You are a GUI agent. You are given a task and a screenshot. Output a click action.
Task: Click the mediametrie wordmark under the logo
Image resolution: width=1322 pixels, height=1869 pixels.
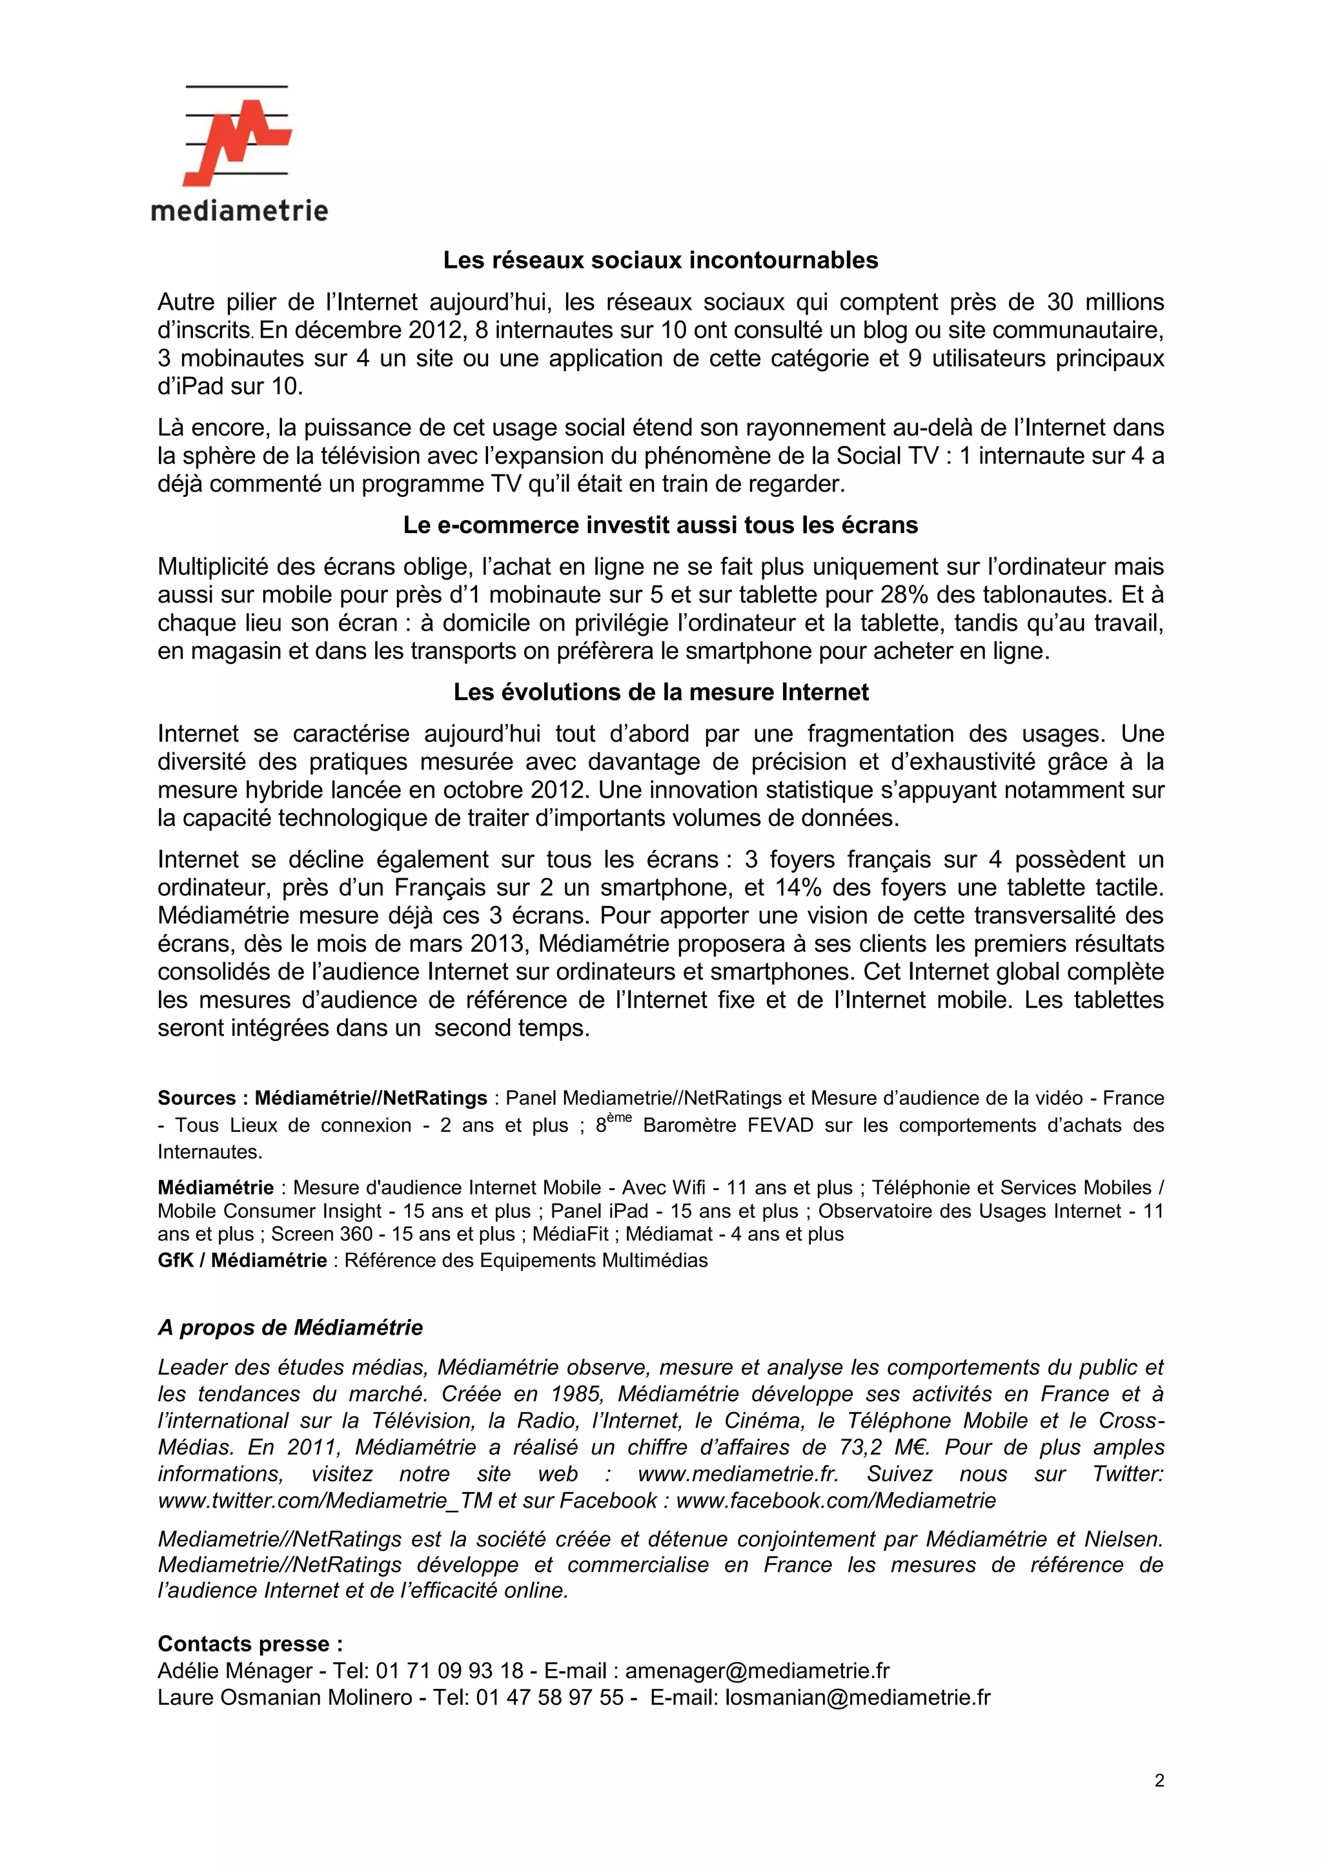[239, 212]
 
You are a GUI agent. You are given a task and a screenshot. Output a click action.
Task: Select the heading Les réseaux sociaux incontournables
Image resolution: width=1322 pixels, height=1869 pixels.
[660, 261]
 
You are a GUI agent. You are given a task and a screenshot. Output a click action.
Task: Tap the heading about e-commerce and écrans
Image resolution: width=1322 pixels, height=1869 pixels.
[660, 525]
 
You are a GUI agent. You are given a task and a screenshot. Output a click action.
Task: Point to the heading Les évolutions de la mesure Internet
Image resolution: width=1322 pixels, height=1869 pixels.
[660, 692]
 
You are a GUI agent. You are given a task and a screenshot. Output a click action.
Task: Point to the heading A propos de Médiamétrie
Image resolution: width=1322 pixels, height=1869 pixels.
[290, 1328]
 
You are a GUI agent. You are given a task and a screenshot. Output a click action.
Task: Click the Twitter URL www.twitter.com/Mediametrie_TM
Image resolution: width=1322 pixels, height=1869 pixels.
[324, 1500]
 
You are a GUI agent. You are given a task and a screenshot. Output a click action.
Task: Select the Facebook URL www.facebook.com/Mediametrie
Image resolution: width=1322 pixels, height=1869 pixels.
[835, 1500]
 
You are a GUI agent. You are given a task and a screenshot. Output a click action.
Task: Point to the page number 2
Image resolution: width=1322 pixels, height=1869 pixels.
[1159, 1781]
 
